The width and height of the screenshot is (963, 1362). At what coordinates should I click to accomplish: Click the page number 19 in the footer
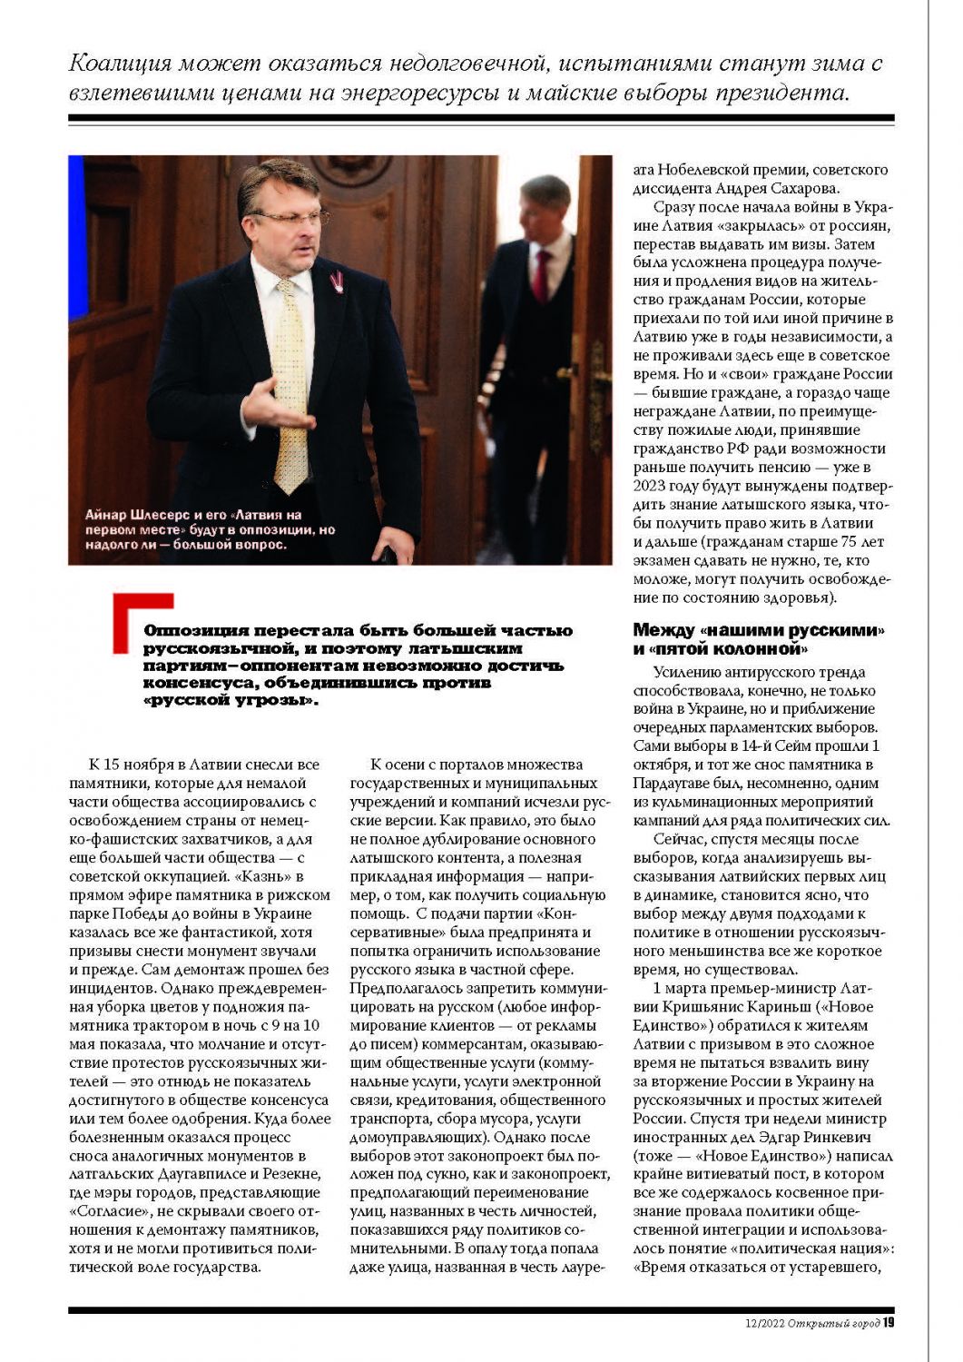pyautogui.click(x=889, y=1322)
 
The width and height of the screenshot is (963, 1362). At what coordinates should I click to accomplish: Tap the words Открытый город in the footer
pyautogui.click(x=834, y=1322)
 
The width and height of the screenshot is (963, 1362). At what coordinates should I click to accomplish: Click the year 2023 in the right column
pyautogui.click(x=650, y=486)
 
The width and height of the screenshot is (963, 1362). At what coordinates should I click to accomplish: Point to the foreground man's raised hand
pyautogui.click(x=270, y=400)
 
